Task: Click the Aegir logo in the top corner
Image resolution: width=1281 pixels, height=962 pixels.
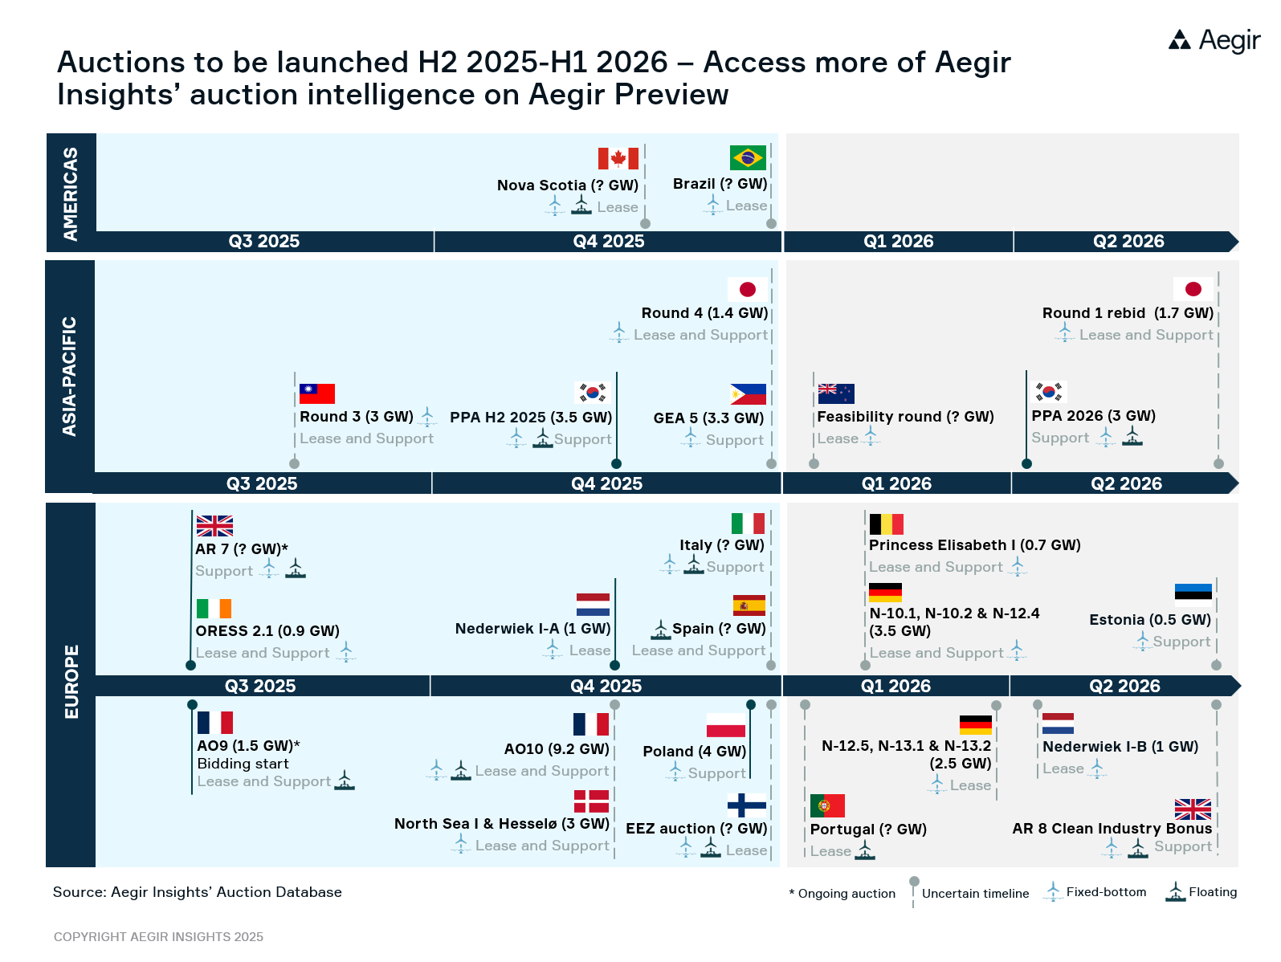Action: [x=1214, y=39]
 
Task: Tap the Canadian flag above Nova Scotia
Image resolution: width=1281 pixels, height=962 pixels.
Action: [x=618, y=158]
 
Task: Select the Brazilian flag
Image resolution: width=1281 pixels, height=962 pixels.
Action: [x=748, y=157]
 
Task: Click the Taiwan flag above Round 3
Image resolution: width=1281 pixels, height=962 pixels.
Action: [x=316, y=393]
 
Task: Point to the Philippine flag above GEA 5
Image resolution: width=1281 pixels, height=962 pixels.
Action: [x=748, y=394]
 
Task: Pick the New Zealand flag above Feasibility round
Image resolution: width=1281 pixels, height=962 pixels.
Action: [x=835, y=393]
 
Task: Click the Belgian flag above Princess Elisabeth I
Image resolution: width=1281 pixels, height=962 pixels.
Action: [x=886, y=524]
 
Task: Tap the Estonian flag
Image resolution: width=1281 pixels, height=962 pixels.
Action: [x=1193, y=592]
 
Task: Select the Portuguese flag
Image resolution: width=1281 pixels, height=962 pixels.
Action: [x=827, y=805]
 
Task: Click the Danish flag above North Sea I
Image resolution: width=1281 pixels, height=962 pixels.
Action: [x=591, y=801]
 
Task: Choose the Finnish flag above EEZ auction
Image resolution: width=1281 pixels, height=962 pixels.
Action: [x=746, y=805]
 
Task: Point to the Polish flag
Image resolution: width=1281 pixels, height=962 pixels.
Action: [x=726, y=725]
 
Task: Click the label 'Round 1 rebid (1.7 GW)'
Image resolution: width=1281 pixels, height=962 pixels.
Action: [x=1127, y=313]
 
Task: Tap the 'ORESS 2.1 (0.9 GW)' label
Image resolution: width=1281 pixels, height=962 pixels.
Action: [x=267, y=631]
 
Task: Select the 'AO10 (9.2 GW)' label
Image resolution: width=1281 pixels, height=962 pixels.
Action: [x=557, y=749]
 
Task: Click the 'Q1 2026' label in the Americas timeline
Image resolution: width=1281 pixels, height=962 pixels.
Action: [x=898, y=242]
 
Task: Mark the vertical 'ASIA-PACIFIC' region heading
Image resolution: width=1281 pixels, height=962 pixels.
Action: [x=70, y=377]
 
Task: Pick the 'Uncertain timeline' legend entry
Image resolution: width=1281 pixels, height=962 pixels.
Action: [x=974, y=894]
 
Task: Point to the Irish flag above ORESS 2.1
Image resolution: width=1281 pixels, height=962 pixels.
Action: [x=214, y=609]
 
